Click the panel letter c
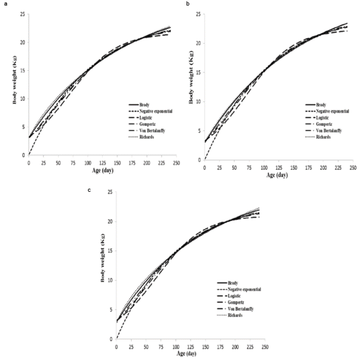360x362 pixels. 90,190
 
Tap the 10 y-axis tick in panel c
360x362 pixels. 109,280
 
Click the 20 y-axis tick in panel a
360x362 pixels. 22,42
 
